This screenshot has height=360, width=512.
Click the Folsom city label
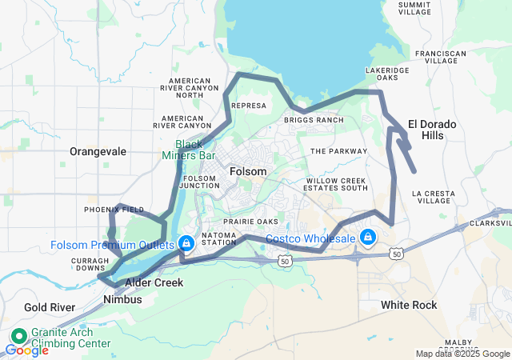[247, 172]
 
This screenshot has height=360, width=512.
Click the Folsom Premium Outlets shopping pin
[186, 242]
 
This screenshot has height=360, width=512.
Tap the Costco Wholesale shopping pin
[368, 238]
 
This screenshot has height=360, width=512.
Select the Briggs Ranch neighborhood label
[314, 120]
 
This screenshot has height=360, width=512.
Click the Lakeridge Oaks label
[387, 74]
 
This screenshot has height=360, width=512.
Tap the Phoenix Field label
[114, 210]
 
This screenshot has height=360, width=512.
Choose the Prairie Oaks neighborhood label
[250, 222]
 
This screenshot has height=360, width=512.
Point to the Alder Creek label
[154, 282]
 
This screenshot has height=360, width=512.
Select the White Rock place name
[409, 305]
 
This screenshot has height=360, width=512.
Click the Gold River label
[49, 307]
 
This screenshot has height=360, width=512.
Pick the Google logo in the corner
[26, 350]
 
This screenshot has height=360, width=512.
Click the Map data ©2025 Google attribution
[462, 354]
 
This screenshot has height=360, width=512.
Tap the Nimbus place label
[122, 299]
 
